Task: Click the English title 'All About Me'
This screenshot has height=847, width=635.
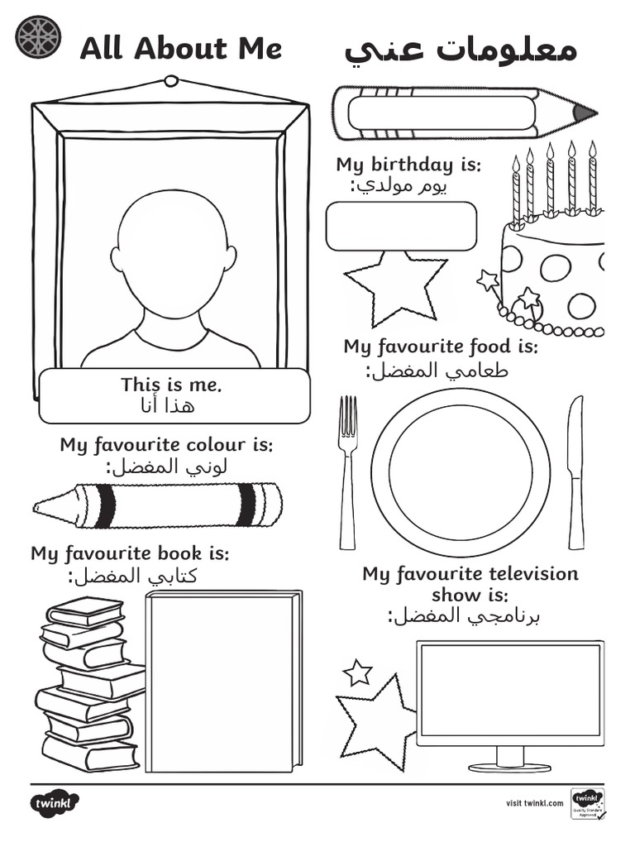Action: pyautogui.click(x=180, y=49)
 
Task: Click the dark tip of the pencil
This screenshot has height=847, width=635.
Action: pyautogui.click(x=585, y=112)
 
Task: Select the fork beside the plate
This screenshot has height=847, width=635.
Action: pyautogui.click(x=348, y=471)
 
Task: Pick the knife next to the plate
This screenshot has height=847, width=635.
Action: pyautogui.click(x=575, y=471)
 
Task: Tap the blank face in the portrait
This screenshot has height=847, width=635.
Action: pyautogui.click(x=172, y=252)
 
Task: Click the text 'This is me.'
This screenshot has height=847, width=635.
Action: pyautogui.click(x=172, y=385)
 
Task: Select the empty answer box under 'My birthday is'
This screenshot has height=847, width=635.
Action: pyautogui.click(x=401, y=226)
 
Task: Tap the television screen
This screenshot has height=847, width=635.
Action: pyautogui.click(x=509, y=690)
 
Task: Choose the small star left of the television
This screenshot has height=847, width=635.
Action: pyautogui.click(x=357, y=672)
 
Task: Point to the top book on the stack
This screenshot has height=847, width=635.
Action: pyautogui.click(x=86, y=611)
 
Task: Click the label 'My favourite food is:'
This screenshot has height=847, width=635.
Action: pyautogui.click(x=440, y=346)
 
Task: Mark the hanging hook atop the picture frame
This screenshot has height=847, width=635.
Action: pyautogui.click(x=171, y=81)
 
